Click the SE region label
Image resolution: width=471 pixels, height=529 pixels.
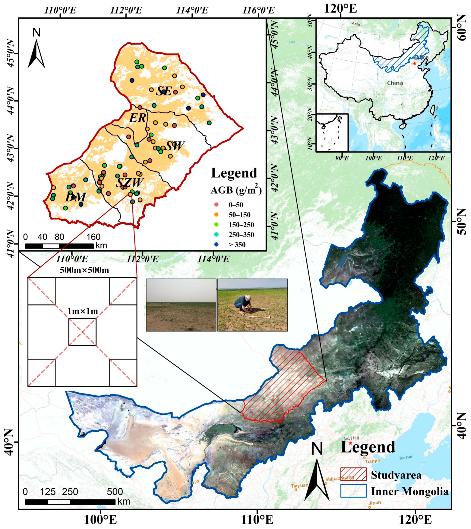pos(164,91)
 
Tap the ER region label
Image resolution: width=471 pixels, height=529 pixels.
pos(138,118)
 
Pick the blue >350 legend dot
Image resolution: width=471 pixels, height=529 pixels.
pos(217,245)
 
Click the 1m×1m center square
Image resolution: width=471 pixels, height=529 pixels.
pos(82,332)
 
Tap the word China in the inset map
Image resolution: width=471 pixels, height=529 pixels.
pos(395,83)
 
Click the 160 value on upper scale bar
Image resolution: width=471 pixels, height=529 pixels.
pos(93,237)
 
